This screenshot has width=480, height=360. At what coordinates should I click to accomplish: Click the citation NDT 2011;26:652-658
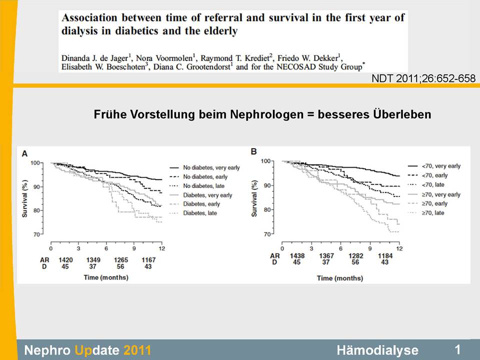pyautogui.click(x=423, y=78)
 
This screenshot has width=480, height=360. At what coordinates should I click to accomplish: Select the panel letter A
pyautogui.click(x=24, y=154)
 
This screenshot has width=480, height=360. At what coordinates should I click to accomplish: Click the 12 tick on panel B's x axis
pyautogui.click(x=399, y=248)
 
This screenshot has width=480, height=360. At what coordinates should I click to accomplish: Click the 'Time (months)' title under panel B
pyautogui.click(x=338, y=277)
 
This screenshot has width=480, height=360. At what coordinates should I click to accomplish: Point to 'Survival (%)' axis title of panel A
pyautogui.click(x=24, y=199)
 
